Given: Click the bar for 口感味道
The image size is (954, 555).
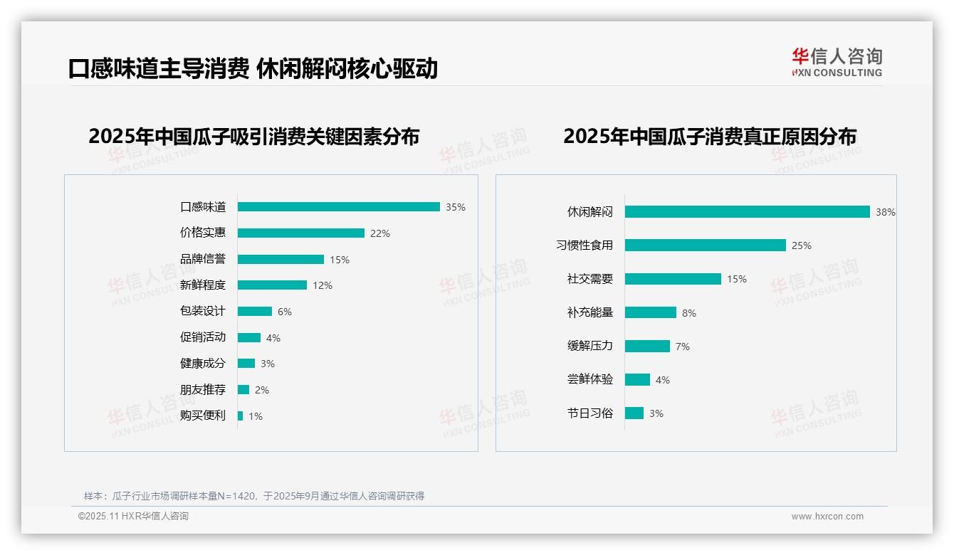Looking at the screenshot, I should pos(338,207).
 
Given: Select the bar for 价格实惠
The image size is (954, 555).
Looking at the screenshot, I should pos(300,233).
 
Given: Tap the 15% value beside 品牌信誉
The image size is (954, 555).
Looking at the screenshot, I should pos(340,260).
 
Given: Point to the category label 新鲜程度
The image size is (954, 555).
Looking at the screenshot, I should pos(202,285).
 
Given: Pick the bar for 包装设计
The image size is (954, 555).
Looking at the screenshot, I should pos(255,312).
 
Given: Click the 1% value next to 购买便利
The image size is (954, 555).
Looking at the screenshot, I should pos(256,416).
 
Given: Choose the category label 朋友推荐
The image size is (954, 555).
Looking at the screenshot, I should pos(202,390).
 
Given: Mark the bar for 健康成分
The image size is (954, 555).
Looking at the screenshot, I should pos(246,364).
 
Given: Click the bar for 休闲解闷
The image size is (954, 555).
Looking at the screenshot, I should pos(747,212).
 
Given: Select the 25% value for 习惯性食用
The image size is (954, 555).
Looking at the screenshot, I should pos(802,245).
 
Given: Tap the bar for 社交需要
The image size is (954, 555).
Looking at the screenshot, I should pos(673,279).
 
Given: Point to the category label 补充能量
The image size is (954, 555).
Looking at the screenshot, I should pos(589,312).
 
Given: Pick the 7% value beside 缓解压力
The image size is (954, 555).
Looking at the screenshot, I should pos(683,347).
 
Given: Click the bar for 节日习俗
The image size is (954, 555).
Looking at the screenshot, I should pos(634,413).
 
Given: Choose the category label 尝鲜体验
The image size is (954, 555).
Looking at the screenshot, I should pos(589,379).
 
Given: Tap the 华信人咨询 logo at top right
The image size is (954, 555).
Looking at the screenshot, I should pos(837,63).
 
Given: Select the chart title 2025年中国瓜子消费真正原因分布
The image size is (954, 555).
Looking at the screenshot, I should pos(709,137).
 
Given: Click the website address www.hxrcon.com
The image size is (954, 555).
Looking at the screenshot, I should pos(827,517).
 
